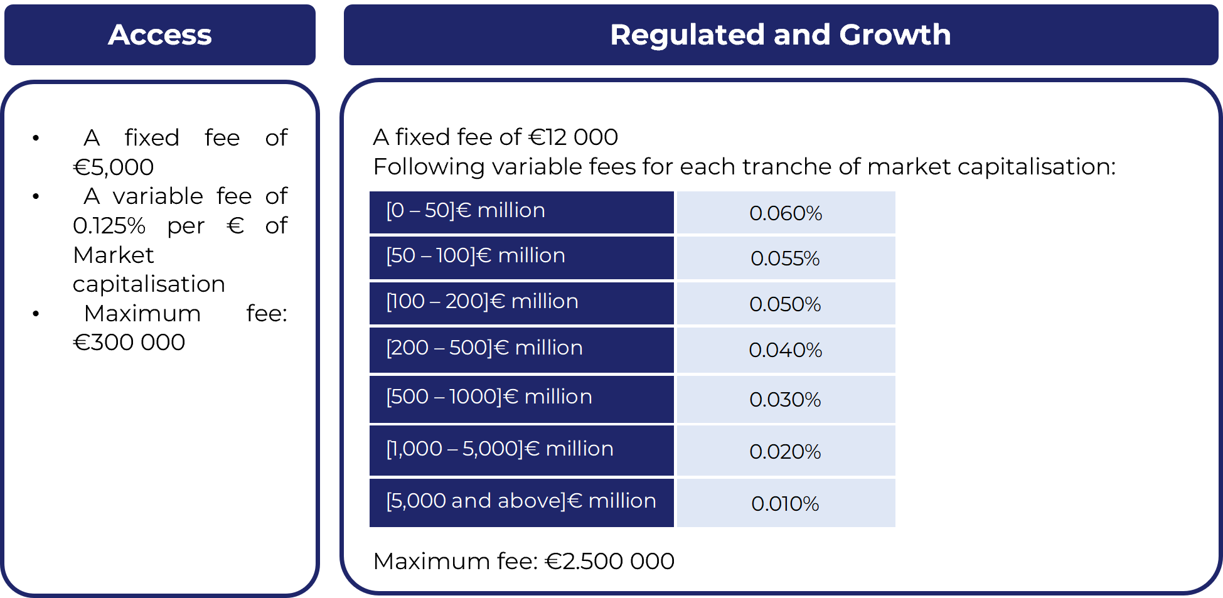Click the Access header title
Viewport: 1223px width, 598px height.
(160, 35)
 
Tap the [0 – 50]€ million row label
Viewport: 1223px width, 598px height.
(466, 210)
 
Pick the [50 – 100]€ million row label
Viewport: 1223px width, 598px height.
(476, 255)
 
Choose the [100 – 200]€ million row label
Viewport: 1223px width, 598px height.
(482, 301)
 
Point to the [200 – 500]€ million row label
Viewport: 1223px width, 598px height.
(484, 348)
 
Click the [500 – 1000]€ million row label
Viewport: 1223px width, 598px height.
(489, 397)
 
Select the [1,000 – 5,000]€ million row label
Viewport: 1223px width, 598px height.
(499, 449)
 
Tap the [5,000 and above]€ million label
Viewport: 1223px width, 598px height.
(521, 501)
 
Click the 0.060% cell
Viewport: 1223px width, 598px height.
(786, 213)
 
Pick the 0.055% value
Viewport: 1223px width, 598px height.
(786, 259)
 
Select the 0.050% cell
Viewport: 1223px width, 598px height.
(786, 304)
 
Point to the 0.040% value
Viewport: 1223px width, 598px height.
(786, 350)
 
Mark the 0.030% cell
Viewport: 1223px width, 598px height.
(786, 400)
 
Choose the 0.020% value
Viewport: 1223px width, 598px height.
(786, 452)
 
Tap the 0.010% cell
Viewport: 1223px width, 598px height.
(786, 504)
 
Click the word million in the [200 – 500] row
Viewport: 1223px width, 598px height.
(548, 348)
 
